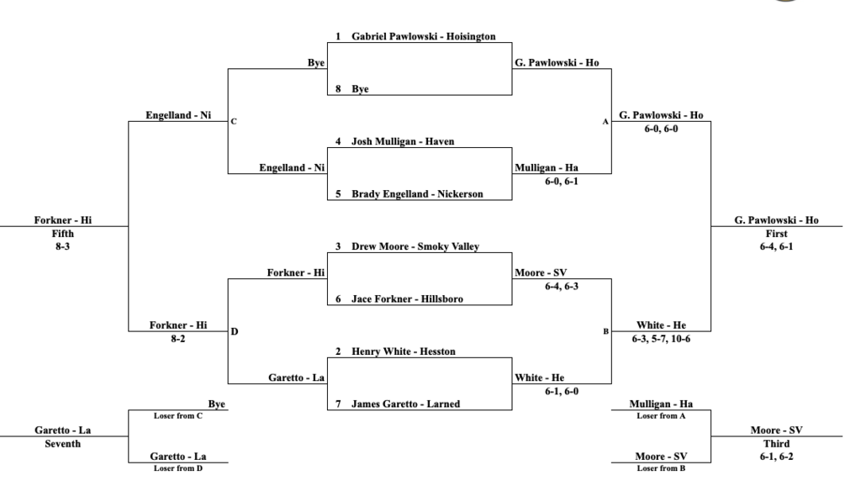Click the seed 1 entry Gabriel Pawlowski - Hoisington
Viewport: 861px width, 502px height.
pos(424,36)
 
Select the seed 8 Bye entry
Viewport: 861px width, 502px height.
pos(360,89)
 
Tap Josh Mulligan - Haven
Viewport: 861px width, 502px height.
pos(403,141)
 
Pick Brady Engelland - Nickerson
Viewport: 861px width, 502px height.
pos(417,194)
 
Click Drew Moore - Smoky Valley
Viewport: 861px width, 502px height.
pos(415,246)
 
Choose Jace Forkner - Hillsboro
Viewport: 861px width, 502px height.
pos(407,299)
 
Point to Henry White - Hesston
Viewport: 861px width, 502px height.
pos(403,351)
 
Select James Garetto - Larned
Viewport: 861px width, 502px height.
pos(405,404)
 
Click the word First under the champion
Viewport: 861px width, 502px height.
pos(776,234)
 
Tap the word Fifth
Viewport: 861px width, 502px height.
pos(62,234)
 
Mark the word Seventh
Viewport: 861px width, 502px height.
pos(62,444)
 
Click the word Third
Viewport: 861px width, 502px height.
pos(776,444)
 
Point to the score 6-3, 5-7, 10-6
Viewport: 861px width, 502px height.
pos(661,339)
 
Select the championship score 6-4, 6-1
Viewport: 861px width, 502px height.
pos(776,246)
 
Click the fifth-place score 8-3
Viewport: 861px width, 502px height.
pos(62,246)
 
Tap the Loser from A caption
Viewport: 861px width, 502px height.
pos(661,415)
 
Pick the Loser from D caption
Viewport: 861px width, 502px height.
pos(178,468)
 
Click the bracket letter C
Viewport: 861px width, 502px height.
pos(234,121)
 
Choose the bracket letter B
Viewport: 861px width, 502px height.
pos(605,332)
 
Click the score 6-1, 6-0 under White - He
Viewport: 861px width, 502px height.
pos(561,392)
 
